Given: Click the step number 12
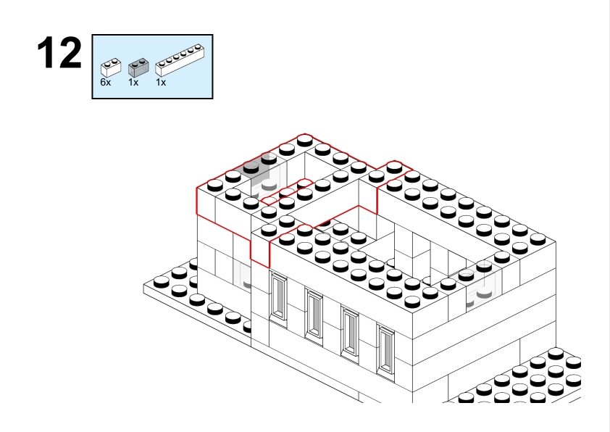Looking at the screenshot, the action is click(59, 53).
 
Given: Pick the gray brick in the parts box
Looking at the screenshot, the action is click(138, 67).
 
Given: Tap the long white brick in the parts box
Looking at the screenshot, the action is click(180, 60).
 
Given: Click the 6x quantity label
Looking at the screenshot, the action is click(106, 82).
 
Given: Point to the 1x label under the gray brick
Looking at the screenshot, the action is click(133, 82).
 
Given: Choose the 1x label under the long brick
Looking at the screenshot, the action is click(161, 82).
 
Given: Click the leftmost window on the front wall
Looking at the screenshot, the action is click(278, 296).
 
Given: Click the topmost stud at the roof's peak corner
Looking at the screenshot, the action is click(305, 140).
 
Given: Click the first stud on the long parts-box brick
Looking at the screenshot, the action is click(162, 65).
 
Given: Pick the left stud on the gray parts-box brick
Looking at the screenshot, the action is click(135, 64).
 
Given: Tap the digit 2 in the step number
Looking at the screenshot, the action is click(71, 53).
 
